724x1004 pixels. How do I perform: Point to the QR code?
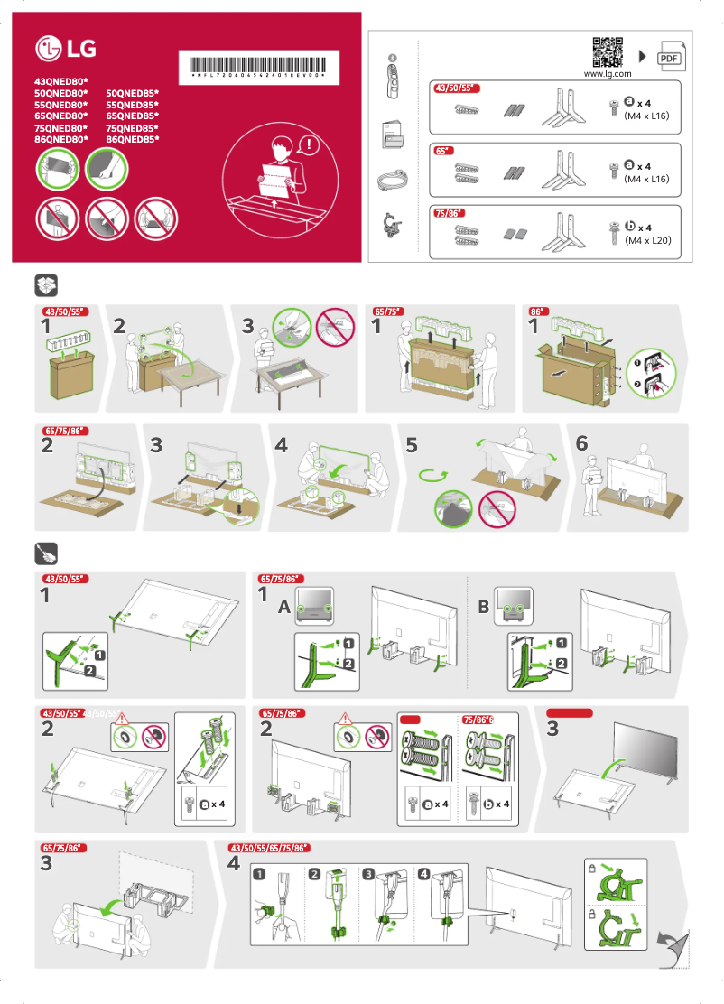click(608, 51)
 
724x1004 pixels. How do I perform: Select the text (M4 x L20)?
click(647, 241)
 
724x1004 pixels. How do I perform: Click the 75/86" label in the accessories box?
click(449, 213)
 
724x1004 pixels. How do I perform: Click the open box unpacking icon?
click(46, 285)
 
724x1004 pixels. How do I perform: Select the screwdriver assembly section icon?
click(46, 553)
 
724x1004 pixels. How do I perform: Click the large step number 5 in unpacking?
click(413, 444)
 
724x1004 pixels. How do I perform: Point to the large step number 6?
click(581, 443)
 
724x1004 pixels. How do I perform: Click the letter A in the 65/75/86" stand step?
click(283, 609)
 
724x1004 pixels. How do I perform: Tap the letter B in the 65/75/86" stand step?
click(483, 608)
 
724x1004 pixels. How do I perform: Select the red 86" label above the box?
click(538, 311)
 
